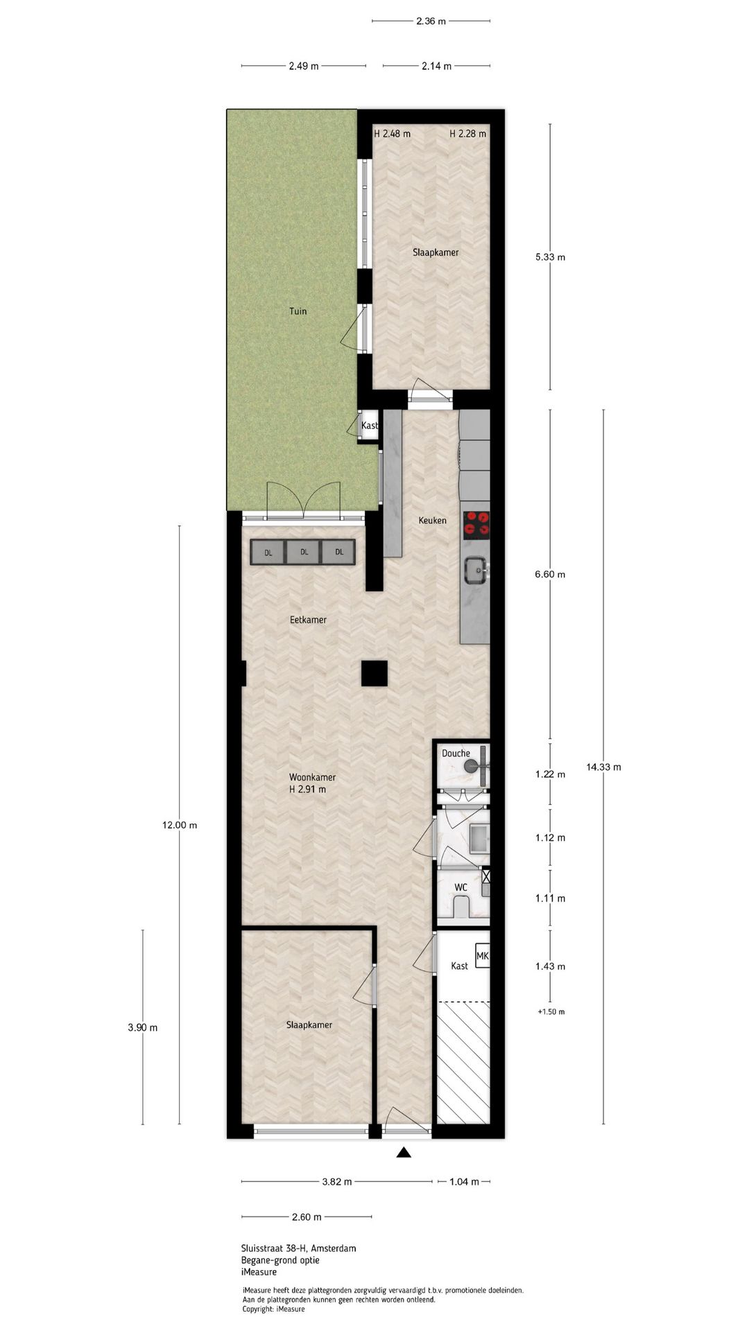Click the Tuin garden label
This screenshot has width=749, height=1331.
[x=298, y=311]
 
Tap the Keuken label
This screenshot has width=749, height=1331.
[x=432, y=520]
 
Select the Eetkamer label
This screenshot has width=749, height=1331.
[x=308, y=619]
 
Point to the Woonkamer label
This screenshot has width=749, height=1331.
[x=313, y=777]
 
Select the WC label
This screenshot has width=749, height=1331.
[x=460, y=887]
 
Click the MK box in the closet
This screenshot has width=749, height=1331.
[x=483, y=957]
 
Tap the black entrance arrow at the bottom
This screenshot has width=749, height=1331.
[x=404, y=1153]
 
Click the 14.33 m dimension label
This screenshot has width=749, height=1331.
[x=603, y=767]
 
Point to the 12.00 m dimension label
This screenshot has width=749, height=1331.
[x=180, y=825]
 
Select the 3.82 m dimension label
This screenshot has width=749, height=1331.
[x=337, y=1182]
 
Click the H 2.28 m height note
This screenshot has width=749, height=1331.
[x=467, y=134]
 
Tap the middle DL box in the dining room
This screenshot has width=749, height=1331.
[x=303, y=553]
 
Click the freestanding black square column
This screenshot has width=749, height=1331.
[x=374, y=673]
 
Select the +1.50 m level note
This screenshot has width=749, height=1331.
[x=551, y=1011]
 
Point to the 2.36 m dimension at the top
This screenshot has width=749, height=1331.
[x=431, y=21]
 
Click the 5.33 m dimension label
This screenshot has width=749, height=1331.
[x=550, y=257]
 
